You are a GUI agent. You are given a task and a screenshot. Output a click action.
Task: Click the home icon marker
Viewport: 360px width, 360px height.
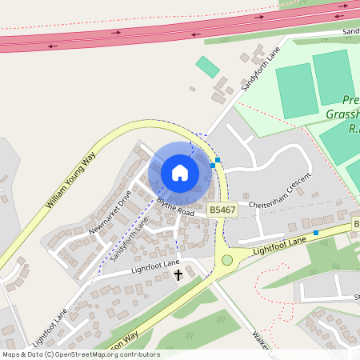180,173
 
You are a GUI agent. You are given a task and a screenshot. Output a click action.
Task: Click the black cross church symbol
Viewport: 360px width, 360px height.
178,274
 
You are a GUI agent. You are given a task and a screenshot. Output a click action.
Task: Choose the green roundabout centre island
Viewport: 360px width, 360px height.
227,260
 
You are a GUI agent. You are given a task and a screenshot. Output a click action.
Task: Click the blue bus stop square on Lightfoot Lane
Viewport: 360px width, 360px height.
316,233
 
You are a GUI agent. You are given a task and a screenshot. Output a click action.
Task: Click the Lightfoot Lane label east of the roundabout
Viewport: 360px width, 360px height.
279,245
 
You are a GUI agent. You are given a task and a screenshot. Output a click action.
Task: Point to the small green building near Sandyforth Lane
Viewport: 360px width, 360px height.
208,67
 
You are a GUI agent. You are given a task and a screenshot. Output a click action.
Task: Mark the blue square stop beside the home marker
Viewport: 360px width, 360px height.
213,165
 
